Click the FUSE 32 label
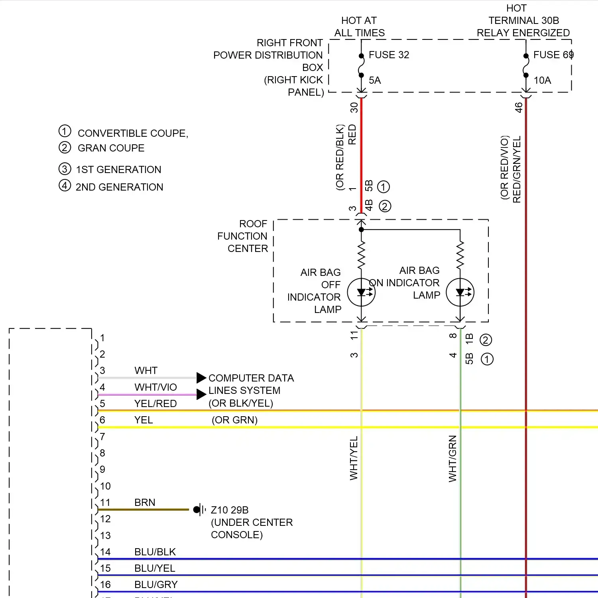click(x=389, y=55)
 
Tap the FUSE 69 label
click(x=553, y=55)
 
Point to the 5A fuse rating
click(x=375, y=80)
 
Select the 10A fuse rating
click(x=542, y=80)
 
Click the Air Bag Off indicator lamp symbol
click(x=361, y=292)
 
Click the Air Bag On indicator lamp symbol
click(x=460, y=292)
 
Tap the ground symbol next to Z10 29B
click(x=199, y=509)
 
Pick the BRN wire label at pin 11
click(x=145, y=502)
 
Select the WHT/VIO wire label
click(x=155, y=387)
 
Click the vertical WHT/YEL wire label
click(x=354, y=458)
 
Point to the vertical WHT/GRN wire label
click(x=452, y=458)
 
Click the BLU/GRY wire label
click(x=156, y=584)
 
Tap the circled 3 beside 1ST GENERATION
click(x=65, y=169)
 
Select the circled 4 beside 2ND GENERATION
click(x=65, y=185)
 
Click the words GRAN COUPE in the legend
click(x=111, y=148)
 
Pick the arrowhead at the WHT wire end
click(x=201, y=378)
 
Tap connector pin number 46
click(x=518, y=108)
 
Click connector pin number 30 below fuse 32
click(x=354, y=108)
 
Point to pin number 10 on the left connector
click(x=105, y=486)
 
